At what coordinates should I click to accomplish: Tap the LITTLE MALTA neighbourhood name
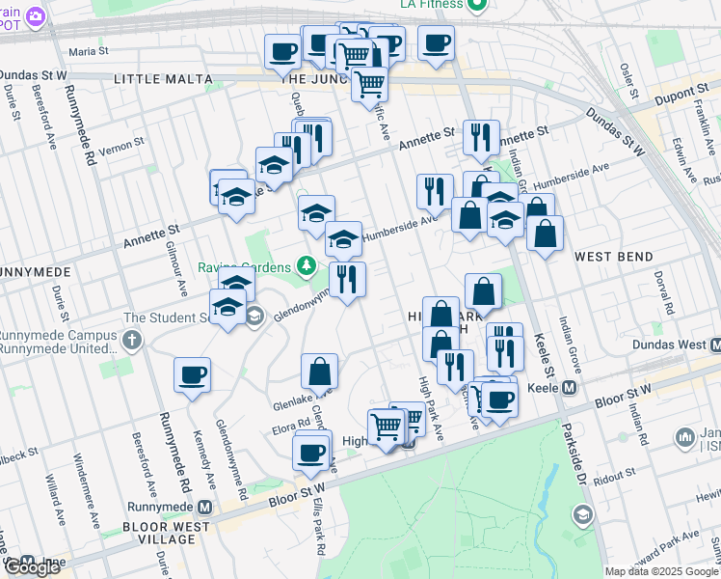(x=160, y=78)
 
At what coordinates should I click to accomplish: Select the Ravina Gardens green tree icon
(x=307, y=264)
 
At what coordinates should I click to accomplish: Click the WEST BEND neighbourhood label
(x=613, y=257)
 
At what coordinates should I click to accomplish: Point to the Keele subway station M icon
(x=569, y=388)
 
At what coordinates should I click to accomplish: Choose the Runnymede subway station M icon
(x=204, y=507)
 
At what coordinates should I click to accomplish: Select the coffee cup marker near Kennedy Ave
(x=192, y=374)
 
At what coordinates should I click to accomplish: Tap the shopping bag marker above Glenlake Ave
(x=319, y=371)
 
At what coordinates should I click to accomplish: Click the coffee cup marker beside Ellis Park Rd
(x=311, y=452)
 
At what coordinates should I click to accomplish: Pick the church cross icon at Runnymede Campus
(x=132, y=340)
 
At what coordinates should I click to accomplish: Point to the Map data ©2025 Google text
(x=661, y=571)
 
